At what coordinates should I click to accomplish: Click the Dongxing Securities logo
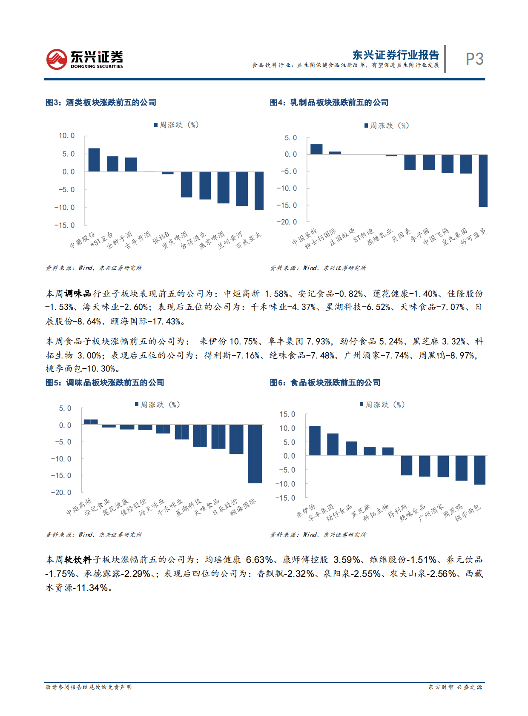point(84,59)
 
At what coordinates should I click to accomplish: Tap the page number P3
point(474,59)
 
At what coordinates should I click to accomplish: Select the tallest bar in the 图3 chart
point(94,160)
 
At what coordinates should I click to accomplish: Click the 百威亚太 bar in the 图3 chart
point(259,191)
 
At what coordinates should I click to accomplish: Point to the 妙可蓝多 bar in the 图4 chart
point(483,180)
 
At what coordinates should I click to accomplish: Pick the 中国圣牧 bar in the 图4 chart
point(316,149)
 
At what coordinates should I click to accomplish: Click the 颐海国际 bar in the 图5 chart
point(255,454)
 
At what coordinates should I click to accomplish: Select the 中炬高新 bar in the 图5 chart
point(91,422)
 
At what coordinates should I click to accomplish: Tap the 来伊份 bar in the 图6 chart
point(315,441)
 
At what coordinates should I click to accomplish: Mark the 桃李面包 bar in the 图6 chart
point(479,470)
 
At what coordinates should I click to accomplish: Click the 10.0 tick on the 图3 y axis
point(66,136)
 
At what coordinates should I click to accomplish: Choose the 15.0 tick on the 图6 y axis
point(287,414)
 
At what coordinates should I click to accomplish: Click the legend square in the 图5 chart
point(137,405)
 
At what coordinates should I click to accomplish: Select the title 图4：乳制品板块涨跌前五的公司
point(329,103)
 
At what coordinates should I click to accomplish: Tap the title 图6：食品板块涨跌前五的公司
point(325,383)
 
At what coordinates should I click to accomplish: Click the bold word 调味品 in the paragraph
point(78,294)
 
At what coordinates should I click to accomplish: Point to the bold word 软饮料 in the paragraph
point(78,560)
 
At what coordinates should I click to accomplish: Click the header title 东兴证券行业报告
point(396,55)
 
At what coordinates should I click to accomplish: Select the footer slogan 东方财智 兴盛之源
point(455,687)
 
